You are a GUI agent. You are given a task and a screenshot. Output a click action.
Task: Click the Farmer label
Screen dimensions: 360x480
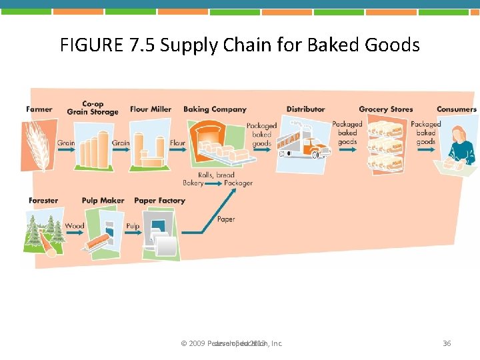tap(39, 109)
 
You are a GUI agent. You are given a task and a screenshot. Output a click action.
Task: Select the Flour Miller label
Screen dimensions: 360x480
tap(151, 109)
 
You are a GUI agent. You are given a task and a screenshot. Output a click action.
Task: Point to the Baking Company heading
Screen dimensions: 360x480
tap(215, 109)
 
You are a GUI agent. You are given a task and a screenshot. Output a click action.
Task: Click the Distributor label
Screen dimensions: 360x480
tap(306, 109)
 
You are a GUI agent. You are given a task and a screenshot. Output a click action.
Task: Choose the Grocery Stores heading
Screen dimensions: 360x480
tap(385, 109)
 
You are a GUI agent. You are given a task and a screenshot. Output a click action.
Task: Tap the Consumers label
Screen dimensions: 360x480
tap(457, 109)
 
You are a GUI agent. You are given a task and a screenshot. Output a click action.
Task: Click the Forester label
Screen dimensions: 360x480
tap(43, 200)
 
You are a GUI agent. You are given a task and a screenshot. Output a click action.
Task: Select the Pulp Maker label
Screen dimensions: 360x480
tap(103, 200)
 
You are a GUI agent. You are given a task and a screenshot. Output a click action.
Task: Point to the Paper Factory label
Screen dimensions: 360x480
tap(159, 200)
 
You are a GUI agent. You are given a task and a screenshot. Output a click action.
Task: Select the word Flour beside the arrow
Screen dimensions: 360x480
tap(178, 143)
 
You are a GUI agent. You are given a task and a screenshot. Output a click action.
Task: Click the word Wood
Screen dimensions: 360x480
tap(75, 227)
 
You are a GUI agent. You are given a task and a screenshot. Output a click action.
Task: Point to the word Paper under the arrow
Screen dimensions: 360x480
tap(226, 219)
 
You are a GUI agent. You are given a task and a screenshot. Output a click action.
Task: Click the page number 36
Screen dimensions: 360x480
tap(447, 343)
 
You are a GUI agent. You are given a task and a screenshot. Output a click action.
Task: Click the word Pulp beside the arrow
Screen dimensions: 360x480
tap(133, 227)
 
